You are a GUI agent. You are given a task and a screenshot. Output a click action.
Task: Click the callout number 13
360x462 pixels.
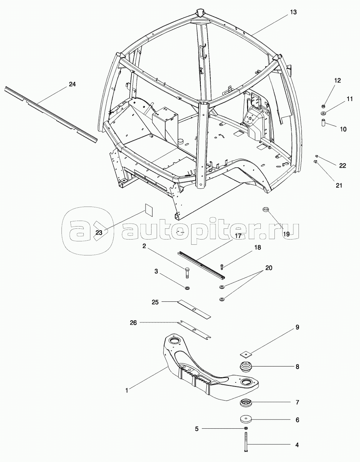[293, 12]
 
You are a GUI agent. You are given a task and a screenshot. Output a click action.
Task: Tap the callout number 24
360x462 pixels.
[72, 84]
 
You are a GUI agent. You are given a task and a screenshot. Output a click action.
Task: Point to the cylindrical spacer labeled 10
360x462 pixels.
[323, 122]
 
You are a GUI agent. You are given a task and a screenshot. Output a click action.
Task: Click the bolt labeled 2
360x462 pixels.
[187, 273]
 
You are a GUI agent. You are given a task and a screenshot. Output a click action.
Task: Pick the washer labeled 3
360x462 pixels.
[187, 288]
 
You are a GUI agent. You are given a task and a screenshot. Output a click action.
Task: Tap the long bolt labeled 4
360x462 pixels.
[246, 443]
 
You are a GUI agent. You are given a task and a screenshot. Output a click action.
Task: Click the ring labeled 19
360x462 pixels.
[266, 210]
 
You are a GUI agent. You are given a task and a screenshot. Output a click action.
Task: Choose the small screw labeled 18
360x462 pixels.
[222, 266]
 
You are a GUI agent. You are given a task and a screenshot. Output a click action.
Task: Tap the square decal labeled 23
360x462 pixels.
[149, 209]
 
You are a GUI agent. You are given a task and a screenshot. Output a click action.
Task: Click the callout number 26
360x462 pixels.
[133, 323]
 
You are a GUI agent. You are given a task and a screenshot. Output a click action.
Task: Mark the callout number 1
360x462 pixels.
[127, 390]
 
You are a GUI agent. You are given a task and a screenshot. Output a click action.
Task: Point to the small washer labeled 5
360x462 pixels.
[246, 428]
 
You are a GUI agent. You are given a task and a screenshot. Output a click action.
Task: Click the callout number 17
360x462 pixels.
[238, 235]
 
